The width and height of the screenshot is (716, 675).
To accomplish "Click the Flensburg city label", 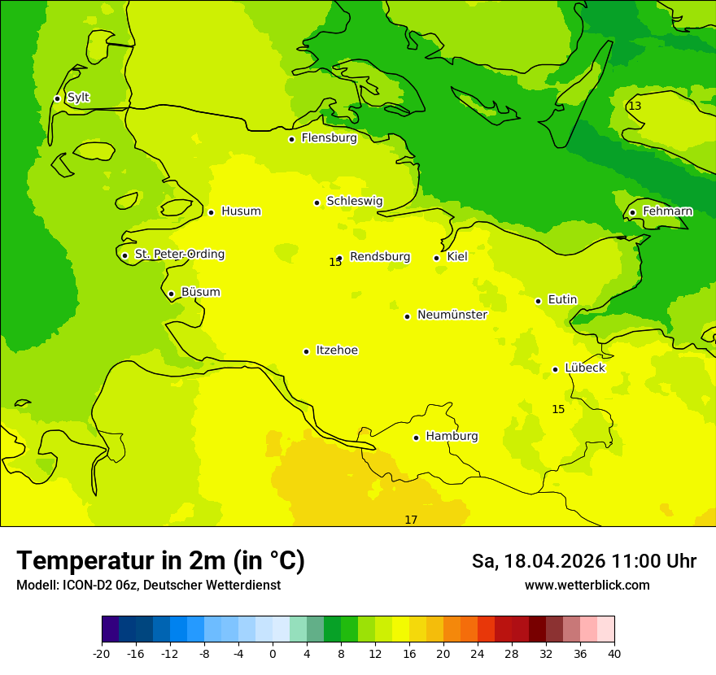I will pyautogui.click(x=329, y=138).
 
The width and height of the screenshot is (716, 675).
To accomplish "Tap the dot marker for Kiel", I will pyautogui.click(x=437, y=258).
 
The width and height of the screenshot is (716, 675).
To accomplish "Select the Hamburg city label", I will pyautogui.click(x=452, y=436).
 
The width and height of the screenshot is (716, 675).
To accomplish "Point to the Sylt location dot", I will pyautogui.click(x=57, y=98).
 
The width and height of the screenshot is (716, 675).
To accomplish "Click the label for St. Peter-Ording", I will pyautogui.click(x=179, y=255).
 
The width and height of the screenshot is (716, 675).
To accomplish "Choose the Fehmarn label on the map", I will pyautogui.click(x=667, y=211).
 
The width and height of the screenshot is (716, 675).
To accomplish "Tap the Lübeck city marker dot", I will pyautogui.click(x=556, y=369).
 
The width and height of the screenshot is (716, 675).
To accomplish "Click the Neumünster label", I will pyautogui.click(x=452, y=315).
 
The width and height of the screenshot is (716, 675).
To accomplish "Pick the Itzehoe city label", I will pyautogui.click(x=336, y=351).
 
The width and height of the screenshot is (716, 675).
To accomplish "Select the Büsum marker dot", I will pyautogui.click(x=171, y=294).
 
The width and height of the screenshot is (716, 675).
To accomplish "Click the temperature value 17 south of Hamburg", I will pyautogui.click(x=411, y=520).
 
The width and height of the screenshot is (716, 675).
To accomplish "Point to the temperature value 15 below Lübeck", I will pyautogui.click(x=558, y=409).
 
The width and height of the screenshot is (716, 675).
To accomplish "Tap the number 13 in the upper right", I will pyautogui.click(x=635, y=106).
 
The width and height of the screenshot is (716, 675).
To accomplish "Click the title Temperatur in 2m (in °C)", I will pyautogui.click(x=160, y=560).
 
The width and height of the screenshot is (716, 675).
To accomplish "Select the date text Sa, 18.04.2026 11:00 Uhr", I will pyautogui.click(x=583, y=561).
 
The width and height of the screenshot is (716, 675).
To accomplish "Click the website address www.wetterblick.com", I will pyautogui.click(x=587, y=585).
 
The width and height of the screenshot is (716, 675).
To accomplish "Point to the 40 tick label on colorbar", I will pyautogui.click(x=613, y=654).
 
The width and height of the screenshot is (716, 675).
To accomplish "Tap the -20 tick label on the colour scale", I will pyautogui.click(x=102, y=654).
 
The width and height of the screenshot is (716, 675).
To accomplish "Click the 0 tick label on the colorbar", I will pyautogui.click(x=273, y=654).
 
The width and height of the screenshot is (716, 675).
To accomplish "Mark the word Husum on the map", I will pyautogui.click(x=241, y=211).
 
